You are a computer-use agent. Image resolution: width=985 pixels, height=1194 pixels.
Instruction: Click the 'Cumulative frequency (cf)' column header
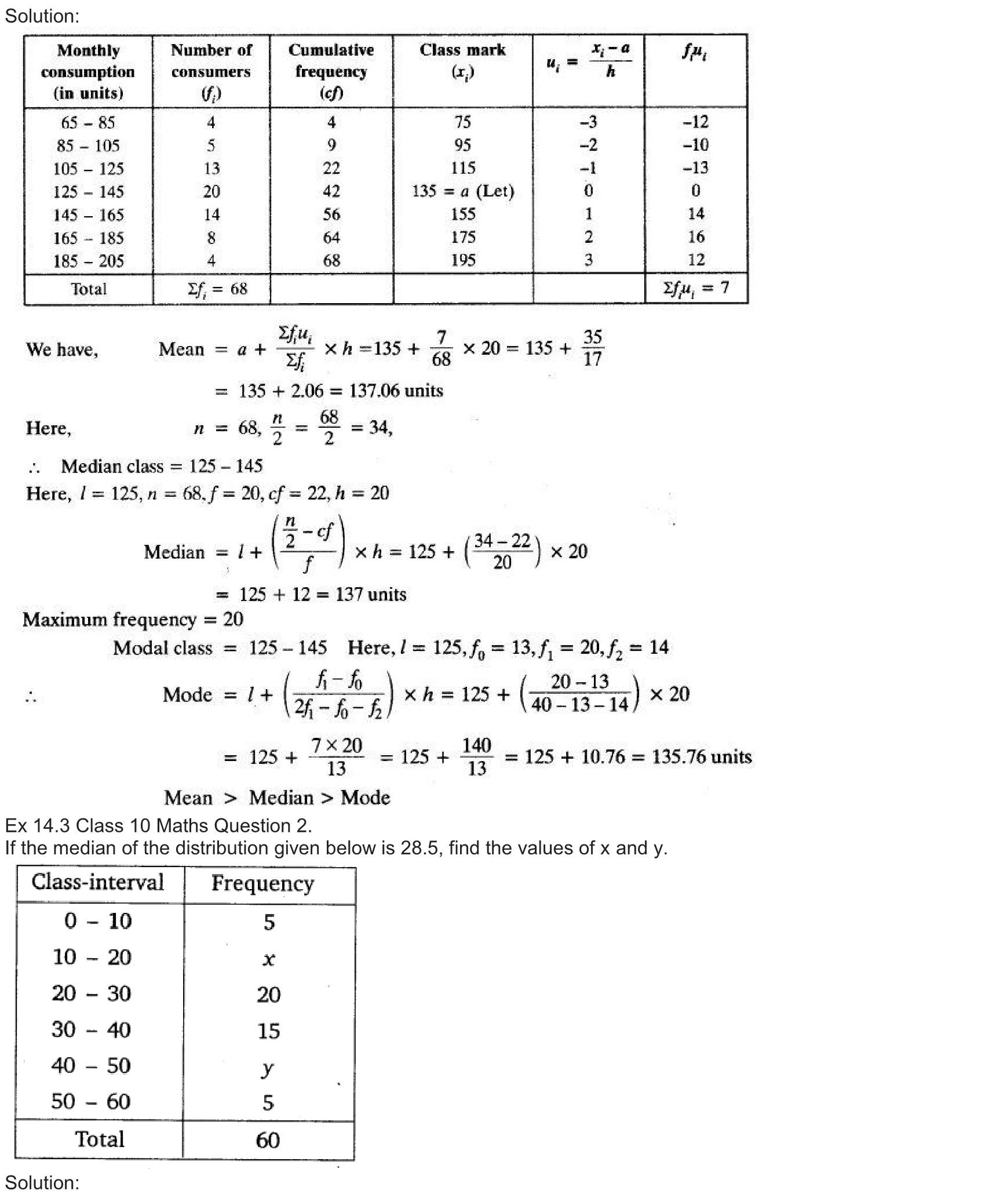[x=331, y=71]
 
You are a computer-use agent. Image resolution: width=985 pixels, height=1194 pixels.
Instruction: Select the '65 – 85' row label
[x=88, y=122]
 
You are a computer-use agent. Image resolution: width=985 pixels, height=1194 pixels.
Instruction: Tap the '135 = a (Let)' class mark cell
[x=463, y=191]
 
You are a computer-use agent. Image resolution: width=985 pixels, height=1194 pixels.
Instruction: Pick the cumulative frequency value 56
[x=331, y=214]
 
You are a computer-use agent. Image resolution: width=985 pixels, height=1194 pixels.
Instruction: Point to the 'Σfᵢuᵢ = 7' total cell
[x=696, y=288]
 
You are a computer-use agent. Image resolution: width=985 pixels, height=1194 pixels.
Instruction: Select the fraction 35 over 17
[x=592, y=348]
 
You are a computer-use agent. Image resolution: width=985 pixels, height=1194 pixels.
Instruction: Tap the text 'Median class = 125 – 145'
[x=162, y=466]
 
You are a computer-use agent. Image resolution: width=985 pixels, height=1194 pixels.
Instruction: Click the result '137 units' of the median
[x=370, y=594]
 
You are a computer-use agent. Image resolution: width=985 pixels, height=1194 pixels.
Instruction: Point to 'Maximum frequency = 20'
[x=133, y=620]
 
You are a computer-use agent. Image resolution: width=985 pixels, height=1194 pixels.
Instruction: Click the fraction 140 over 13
[x=476, y=756]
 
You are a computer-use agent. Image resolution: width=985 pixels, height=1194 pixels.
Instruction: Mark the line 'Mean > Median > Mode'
[x=277, y=798]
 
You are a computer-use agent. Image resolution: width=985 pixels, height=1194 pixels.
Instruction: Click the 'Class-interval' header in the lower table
[x=98, y=882]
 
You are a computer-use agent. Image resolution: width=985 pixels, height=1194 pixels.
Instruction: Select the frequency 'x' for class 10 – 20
[x=268, y=959]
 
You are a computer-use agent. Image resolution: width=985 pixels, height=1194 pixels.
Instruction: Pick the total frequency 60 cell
[x=268, y=1140]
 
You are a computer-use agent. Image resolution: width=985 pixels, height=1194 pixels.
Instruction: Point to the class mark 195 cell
[x=463, y=260]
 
